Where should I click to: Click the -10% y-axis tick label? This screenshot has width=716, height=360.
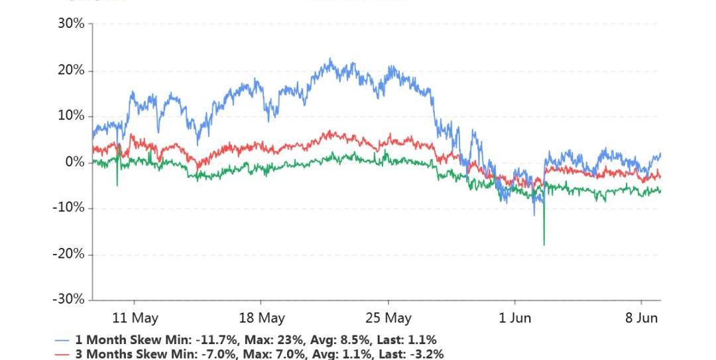[x=70, y=208]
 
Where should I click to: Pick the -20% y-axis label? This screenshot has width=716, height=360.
[x=70, y=254]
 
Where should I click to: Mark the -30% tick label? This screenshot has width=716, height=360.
[x=70, y=300]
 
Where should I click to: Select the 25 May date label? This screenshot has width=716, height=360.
[x=388, y=318]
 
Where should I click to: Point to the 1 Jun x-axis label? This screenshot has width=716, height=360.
[x=514, y=318]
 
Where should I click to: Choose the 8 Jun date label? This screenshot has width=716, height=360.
[x=641, y=318]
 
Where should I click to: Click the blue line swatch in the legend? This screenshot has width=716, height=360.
[x=62, y=340]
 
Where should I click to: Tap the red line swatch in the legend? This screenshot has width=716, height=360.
[x=62, y=354]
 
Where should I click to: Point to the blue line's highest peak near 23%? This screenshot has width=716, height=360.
[x=329, y=59]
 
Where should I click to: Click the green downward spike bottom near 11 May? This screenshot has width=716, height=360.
[x=117, y=185]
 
